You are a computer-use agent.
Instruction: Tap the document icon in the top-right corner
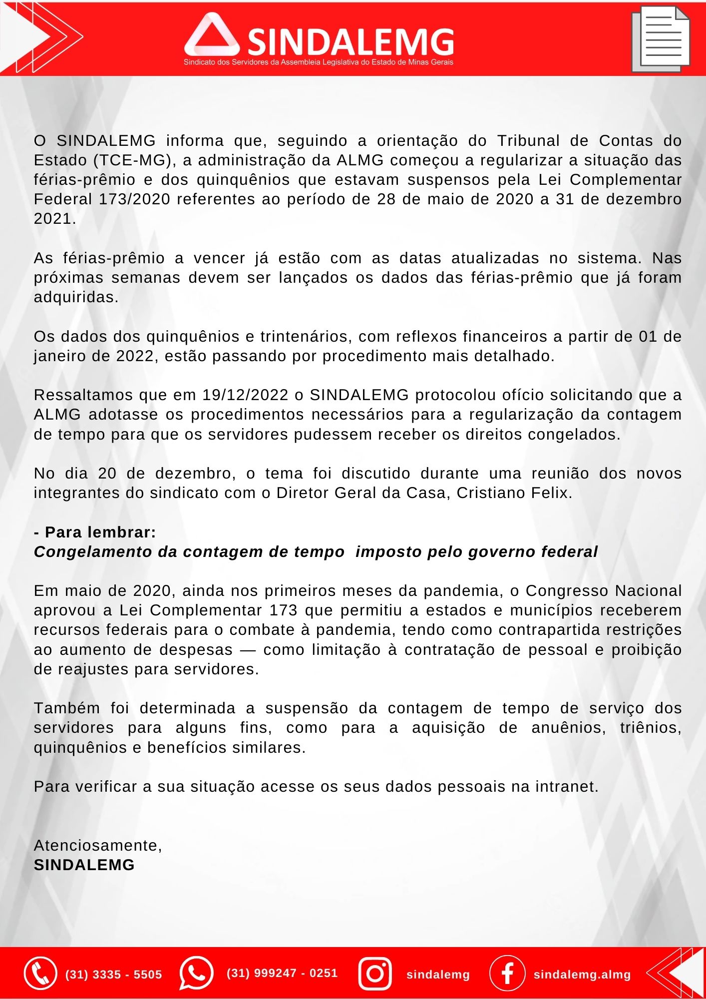click(x=661, y=39)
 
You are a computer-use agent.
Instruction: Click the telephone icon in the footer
click(x=40, y=973)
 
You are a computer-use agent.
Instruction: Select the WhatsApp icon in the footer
click(x=196, y=973)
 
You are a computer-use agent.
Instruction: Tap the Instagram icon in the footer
click(x=375, y=973)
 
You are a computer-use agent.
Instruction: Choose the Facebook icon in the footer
click(x=507, y=973)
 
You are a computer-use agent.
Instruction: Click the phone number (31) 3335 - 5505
click(x=114, y=975)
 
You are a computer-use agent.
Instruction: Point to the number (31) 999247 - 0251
click(x=282, y=973)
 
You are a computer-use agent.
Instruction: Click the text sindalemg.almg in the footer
click(x=582, y=975)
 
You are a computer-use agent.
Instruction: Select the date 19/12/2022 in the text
click(x=245, y=395)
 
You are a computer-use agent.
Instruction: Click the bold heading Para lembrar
click(x=100, y=532)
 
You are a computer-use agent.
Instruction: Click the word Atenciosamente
click(x=98, y=846)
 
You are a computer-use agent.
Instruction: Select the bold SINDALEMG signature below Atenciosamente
click(x=84, y=865)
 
